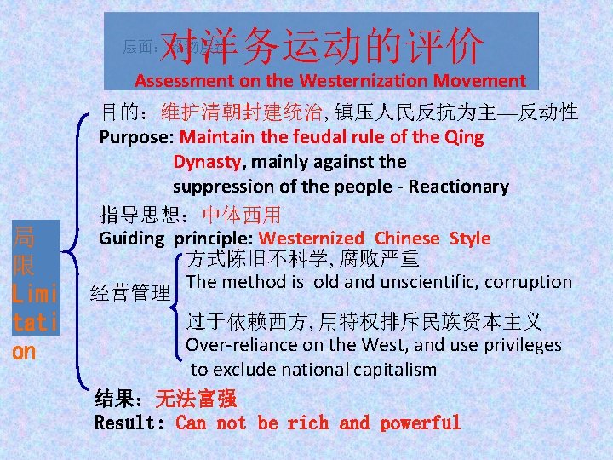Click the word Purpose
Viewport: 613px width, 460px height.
pos(136,137)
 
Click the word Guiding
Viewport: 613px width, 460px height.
pos(132,239)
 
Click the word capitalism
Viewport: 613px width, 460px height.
pos(400,370)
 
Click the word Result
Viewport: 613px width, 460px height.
pos(129,423)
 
